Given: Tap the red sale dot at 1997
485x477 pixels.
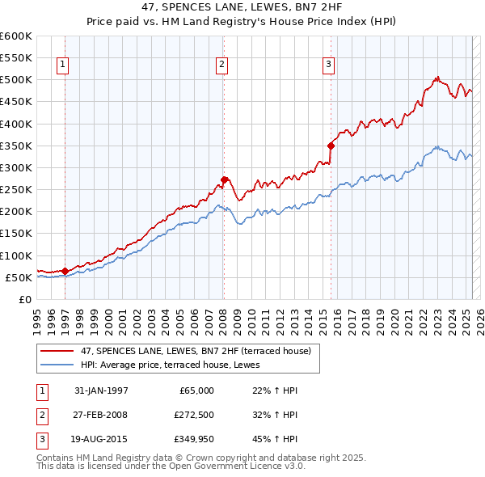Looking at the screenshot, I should pyautogui.click(x=65, y=271).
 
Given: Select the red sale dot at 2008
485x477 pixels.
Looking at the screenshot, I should pyautogui.click(x=224, y=179).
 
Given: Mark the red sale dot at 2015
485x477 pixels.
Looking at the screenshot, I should pyautogui.click(x=331, y=146).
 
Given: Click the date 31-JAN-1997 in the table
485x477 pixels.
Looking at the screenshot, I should pyautogui.click(x=101, y=390).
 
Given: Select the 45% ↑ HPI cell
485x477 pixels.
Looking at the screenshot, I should pyautogui.click(x=275, y=441).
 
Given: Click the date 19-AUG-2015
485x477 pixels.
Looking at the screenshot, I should pyautogui.click(x=101, y=441).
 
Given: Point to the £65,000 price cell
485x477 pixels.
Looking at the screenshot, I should pyautogui.click(x=195, y=390).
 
